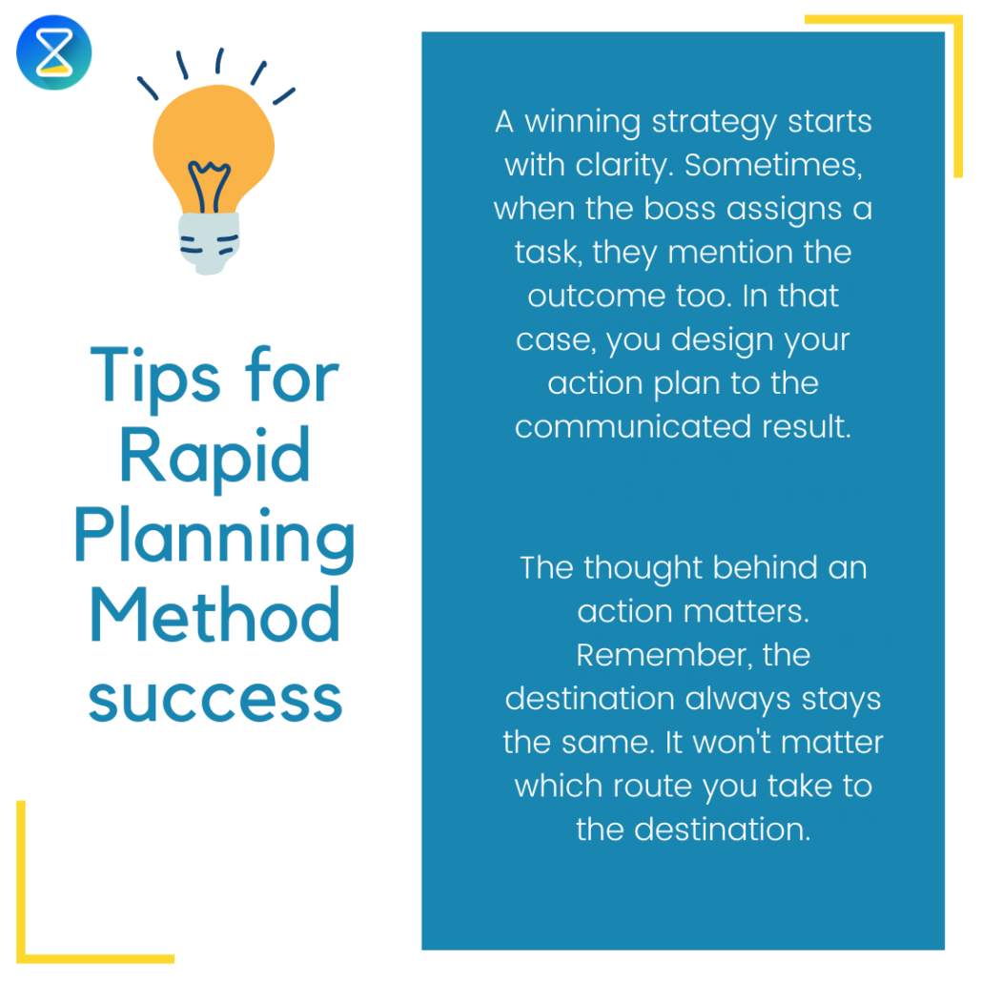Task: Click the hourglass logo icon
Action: coord(53,53)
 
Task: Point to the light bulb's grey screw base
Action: coord(209,243)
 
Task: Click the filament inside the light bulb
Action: coord(209,181)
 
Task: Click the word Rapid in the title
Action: coord(215,457)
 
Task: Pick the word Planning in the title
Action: coord(215,539)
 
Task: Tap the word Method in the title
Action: coord(215,617)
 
